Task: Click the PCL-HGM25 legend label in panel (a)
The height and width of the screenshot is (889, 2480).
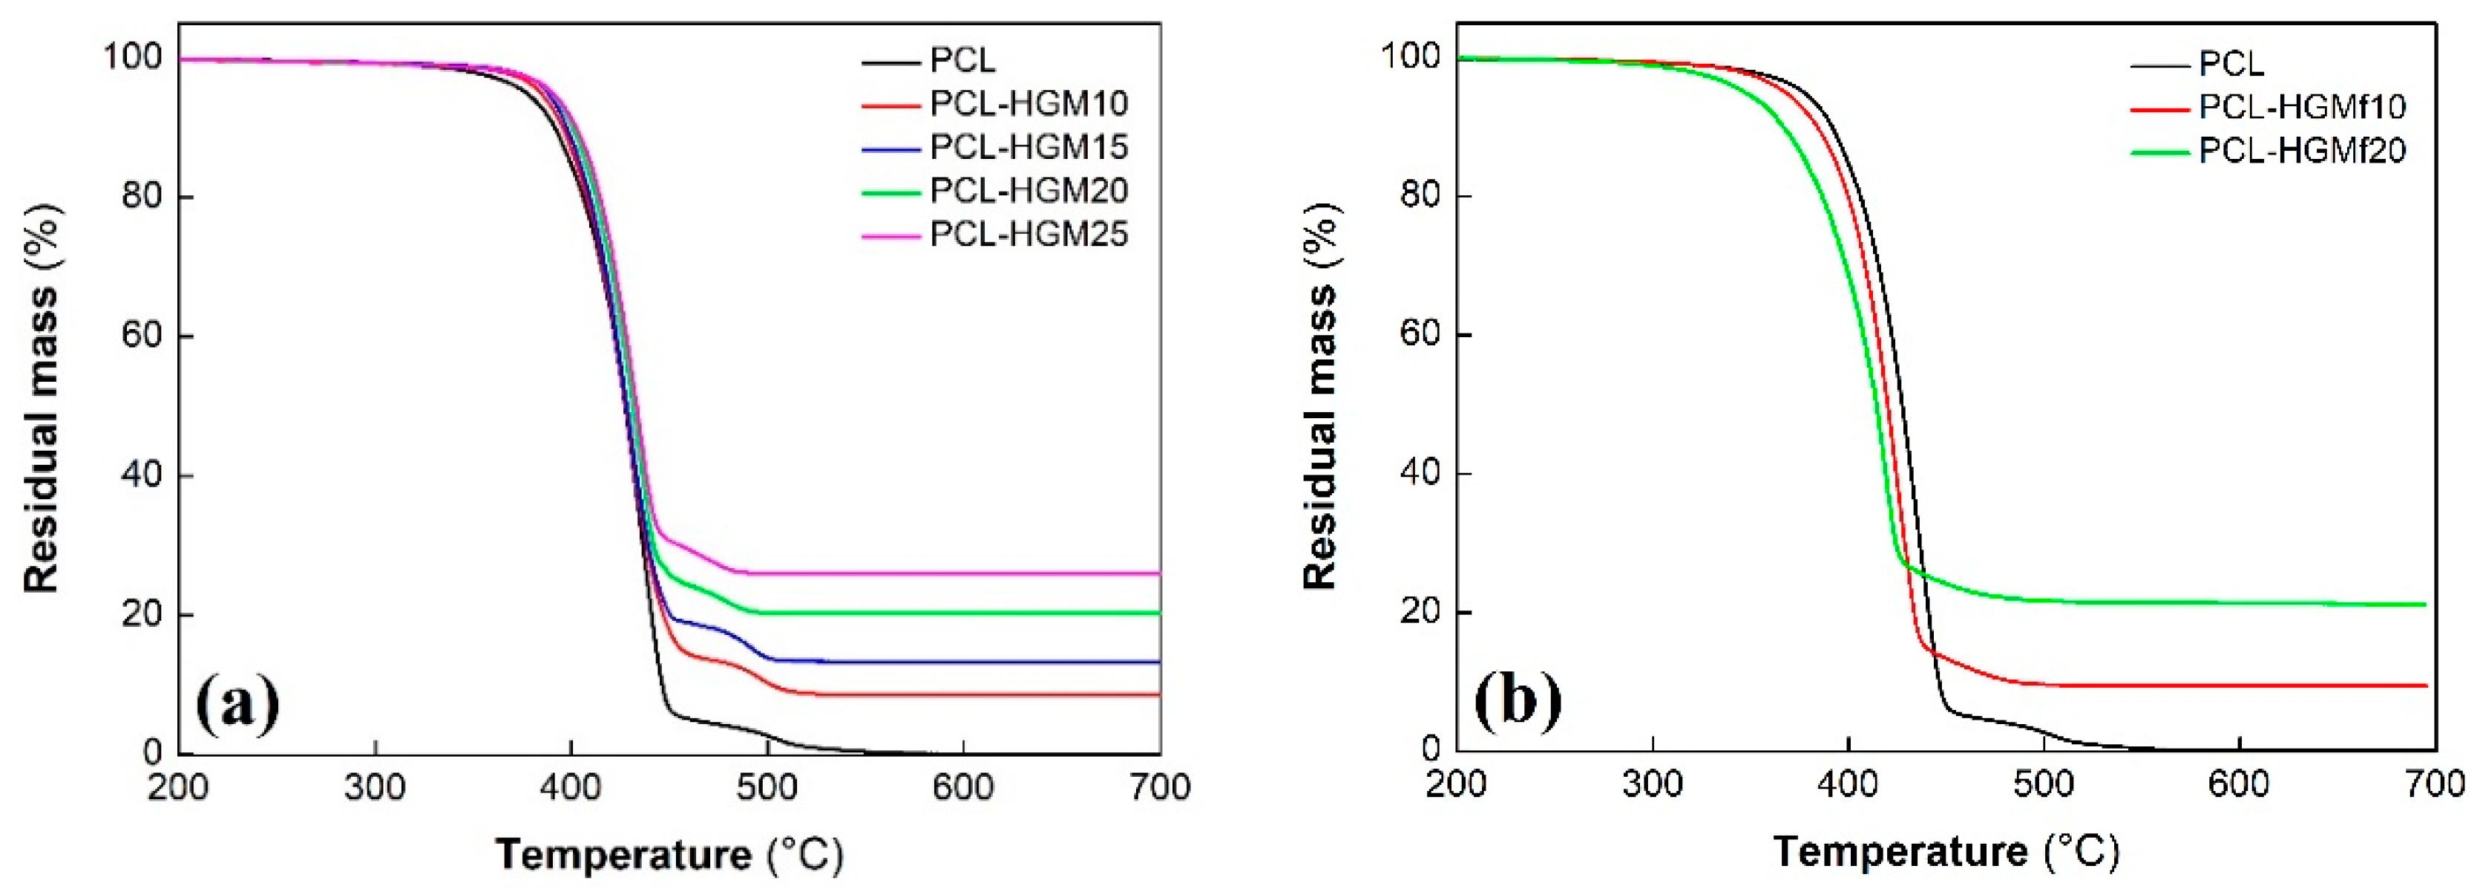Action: coord(1029,234)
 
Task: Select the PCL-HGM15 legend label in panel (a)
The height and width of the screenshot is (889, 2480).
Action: coord(1029,147)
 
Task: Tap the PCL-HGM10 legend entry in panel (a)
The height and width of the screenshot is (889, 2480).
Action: coord(1029,104)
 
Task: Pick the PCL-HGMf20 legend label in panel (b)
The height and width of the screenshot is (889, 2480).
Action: coord(2302,150)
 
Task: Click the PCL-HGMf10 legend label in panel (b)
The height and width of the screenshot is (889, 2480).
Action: coord(2302,107)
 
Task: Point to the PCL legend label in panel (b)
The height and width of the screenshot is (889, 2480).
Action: coord(2231,65)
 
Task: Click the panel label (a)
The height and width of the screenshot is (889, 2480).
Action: coord(237,704)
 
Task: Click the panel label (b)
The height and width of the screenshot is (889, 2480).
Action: coord(1518,700)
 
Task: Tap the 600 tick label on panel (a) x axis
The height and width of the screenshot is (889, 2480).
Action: coord(962,787)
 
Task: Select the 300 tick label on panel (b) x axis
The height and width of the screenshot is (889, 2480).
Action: coord(1652,784)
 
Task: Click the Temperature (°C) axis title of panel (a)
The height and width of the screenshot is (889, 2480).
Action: coord(669,854)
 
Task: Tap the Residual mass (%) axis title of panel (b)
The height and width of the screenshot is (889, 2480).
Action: coord(1321,395)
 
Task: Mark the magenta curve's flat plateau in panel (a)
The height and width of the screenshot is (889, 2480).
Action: coord(962,573)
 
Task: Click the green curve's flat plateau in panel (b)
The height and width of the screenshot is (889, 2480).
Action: coord(2214,603)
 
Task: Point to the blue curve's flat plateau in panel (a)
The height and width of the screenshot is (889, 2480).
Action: coord(962,662)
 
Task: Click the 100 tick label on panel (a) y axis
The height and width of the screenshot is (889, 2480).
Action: coord(134,57)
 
